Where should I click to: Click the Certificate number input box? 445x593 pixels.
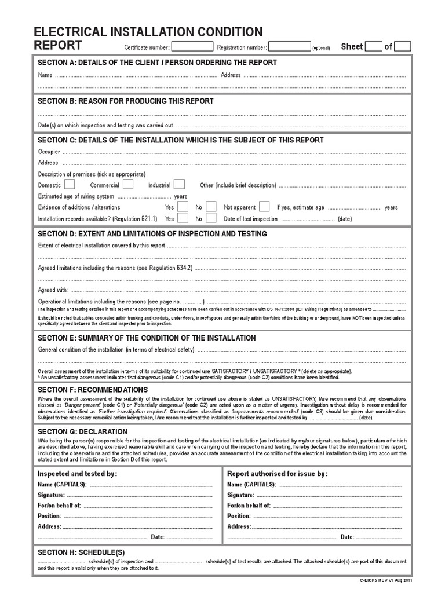[x=192, y=47]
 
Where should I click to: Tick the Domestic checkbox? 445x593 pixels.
[x=70, y=185]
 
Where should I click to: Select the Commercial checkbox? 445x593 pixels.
[x=127, y=185]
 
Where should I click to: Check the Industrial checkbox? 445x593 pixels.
[x=179, y=185]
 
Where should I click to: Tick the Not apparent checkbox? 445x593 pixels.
[x=264, y=207]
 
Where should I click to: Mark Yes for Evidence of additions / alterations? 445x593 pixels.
[x=183, y=207]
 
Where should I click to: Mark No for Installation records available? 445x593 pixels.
[x=211, y=218]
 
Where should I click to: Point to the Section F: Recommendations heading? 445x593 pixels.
[x=93, y=390]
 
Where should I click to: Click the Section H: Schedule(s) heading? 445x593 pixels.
[x=81, y=552]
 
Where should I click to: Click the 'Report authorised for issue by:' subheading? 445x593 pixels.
[x=278, y=473]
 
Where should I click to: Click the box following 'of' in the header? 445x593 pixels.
[x=403, y=47]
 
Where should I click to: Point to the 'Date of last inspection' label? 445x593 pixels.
[x=251, y=219]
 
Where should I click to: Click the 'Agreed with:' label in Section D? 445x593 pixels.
[x=53, y=290]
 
